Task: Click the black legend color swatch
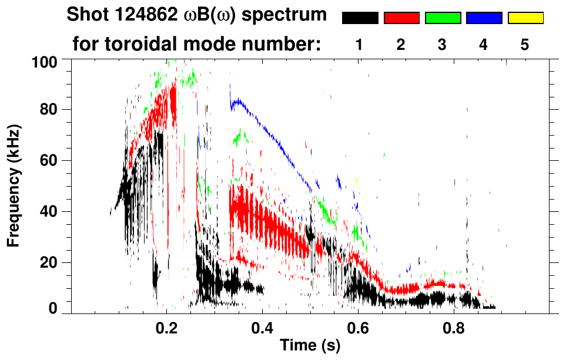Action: (360, 18)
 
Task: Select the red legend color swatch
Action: (401, 18)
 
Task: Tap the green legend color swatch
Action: (443, 18)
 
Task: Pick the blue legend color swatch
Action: (484, 18)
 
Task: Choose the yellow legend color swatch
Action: (525, 18)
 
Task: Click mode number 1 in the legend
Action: (360, 45)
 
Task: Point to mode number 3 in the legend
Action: (442, 45)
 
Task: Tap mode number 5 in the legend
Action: (524, 45)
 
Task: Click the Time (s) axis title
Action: (310, 346)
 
